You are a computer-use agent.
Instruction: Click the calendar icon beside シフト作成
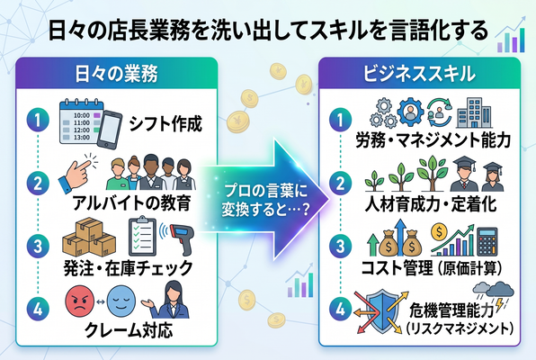[81, 121]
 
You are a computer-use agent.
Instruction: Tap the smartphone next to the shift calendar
[110, 130]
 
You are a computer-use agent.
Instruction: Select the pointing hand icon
[77, 173]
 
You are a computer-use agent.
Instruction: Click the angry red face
[80, 301]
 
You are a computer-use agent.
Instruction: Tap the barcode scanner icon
[179, 238]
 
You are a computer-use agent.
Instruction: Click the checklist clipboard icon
[143, 236]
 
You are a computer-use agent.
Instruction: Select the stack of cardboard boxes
[89, 237]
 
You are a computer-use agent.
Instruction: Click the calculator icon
[487, 241]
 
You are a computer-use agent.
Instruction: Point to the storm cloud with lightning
[494, 294]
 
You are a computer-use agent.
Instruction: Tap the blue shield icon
[382, 311]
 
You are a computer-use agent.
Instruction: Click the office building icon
[473, 112]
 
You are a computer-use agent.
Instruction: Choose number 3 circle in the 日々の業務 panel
[38, 246]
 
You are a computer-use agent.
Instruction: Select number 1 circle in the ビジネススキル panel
[340, 120]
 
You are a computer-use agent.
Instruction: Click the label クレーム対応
[129, 330]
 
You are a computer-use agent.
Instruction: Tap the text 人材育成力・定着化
[430, 204]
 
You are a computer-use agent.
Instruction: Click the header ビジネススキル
[419, 74]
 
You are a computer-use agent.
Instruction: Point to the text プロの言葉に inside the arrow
[266, 191]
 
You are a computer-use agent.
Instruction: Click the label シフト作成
[165, 123]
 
